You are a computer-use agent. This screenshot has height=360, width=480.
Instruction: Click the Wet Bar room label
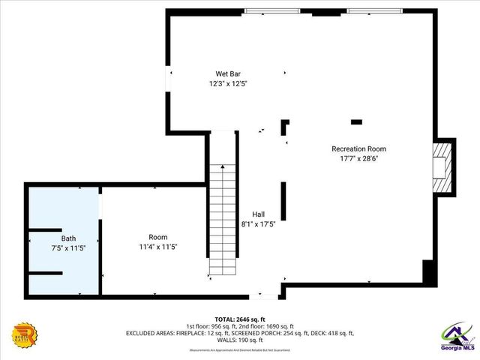tap(228, 73)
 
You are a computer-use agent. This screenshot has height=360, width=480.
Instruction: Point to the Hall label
tap(258, 214)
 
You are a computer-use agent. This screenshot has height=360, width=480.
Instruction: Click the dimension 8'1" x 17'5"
tap(258, 223)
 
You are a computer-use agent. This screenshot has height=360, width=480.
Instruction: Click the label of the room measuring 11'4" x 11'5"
tap(157, 237)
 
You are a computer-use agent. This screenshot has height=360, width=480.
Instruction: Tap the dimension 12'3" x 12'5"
tap(228, 84)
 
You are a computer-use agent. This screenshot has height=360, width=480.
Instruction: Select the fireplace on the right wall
tap(442, 166)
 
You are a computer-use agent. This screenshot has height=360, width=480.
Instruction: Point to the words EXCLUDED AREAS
tap(154, 332)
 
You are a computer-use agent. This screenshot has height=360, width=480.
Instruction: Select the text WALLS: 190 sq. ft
tap(240, 340)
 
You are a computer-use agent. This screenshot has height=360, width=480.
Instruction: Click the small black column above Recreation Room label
tap(357, 121)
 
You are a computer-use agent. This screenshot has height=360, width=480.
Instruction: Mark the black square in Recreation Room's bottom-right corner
tap(429, 271)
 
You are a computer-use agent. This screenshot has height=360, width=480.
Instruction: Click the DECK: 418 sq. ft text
tap(331, 332)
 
